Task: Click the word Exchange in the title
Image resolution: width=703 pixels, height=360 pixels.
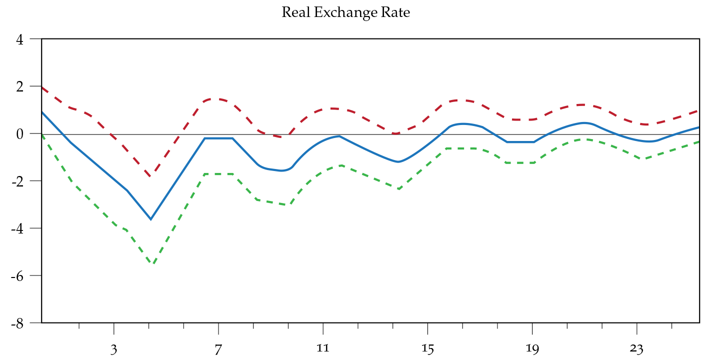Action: coord(340,12)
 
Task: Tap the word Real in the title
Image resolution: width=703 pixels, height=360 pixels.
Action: coord(293,12)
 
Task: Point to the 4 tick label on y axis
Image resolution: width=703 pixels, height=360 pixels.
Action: coord(20,39)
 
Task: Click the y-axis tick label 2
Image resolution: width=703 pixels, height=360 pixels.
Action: coord(20,86)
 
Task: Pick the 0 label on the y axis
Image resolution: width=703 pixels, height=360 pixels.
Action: coord(20,134)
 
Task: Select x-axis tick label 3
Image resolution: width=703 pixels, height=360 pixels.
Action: coord(114,348)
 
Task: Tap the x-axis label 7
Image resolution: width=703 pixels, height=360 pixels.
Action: coord(218,348)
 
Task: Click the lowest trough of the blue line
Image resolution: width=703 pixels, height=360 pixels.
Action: coord(150,219)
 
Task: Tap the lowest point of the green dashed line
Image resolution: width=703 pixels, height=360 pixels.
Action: coord(153,263)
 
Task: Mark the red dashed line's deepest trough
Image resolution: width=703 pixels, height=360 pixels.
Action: coord(150,176)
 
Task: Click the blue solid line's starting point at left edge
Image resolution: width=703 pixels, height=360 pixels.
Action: coord(42,112)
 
